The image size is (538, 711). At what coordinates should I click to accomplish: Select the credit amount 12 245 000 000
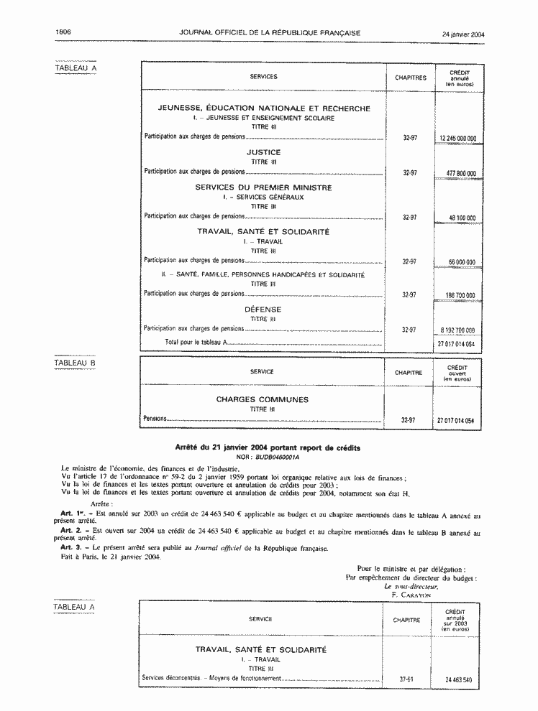tap(457, 137)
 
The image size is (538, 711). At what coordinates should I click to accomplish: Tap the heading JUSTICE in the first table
tap(263, 152)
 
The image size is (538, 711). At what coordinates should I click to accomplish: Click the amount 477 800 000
tap(460, 173)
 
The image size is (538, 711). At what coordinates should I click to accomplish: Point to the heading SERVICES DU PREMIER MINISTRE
tap(264, 187)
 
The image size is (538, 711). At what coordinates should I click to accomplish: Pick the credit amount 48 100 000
tap(462, 218)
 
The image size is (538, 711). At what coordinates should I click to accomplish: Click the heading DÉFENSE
tap(263, 310)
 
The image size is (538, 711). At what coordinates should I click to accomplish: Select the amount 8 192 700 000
tap(457, 330)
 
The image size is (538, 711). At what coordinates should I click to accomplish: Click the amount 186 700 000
tap(460, 295)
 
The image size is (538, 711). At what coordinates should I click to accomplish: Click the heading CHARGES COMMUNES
tap(262, 399)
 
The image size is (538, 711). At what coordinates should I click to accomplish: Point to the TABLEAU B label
tap(76, 363)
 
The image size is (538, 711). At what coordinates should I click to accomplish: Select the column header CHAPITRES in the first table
tap(411, 78)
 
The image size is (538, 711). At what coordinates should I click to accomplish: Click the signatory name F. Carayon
tap(411, 595)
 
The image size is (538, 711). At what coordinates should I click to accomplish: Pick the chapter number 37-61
tap(406, 679)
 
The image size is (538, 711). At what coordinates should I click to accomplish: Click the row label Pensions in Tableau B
tap(155, 418)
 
